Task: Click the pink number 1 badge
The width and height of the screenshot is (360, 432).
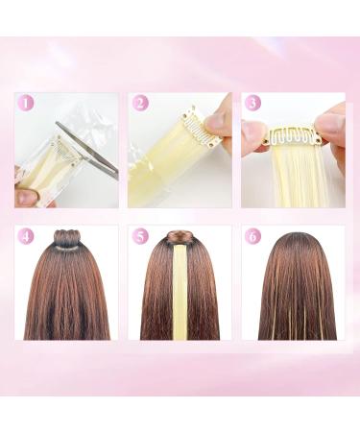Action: pyautogui.click(x=26, y=103)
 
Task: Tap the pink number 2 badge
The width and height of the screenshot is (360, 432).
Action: pyautogui.click(x=141, y=103)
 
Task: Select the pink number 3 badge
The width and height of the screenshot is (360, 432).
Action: pyautogui.click(x=252, y=103)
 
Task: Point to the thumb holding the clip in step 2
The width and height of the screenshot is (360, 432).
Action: pyautogui.click(x=219, y=119)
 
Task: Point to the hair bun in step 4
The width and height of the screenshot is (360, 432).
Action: pyautogui.click(x=66, y=238)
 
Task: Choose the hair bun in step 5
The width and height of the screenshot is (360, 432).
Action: pyautogui.click(x=179, y=237)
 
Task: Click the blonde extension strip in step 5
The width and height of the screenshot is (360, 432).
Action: pyautogui.click(x=180, y=298)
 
